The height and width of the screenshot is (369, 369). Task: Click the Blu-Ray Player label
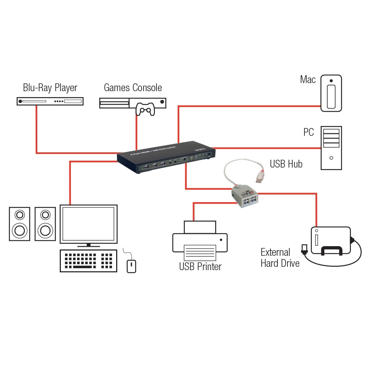click(x=50, y=88)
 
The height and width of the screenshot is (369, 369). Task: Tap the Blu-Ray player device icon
click(x=50, y=101)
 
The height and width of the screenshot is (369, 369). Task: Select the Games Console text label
click(x=133, y=88)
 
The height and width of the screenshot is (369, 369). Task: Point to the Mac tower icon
click(x=331, y=93)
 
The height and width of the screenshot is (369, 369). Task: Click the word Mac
click(x=308, y=79)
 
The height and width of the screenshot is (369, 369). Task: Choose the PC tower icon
click(x=331, y=148)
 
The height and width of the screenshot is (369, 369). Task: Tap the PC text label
click(x=308, y=132)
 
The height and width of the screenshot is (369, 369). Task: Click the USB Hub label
click(x=286, y=164)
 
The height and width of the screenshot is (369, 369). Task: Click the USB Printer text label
click(x=200, y=266)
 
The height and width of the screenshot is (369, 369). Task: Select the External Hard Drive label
click(x=280, y=258)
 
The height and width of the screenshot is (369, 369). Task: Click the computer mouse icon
click(x=131, y=266)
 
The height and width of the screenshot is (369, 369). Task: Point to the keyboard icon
click(x=89, y=261)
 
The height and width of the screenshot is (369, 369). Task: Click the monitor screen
click(x=89, y=224)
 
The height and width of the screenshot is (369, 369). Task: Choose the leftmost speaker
click(x=20, y=224)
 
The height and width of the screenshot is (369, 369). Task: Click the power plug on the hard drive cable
click(x=304, y=249)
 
